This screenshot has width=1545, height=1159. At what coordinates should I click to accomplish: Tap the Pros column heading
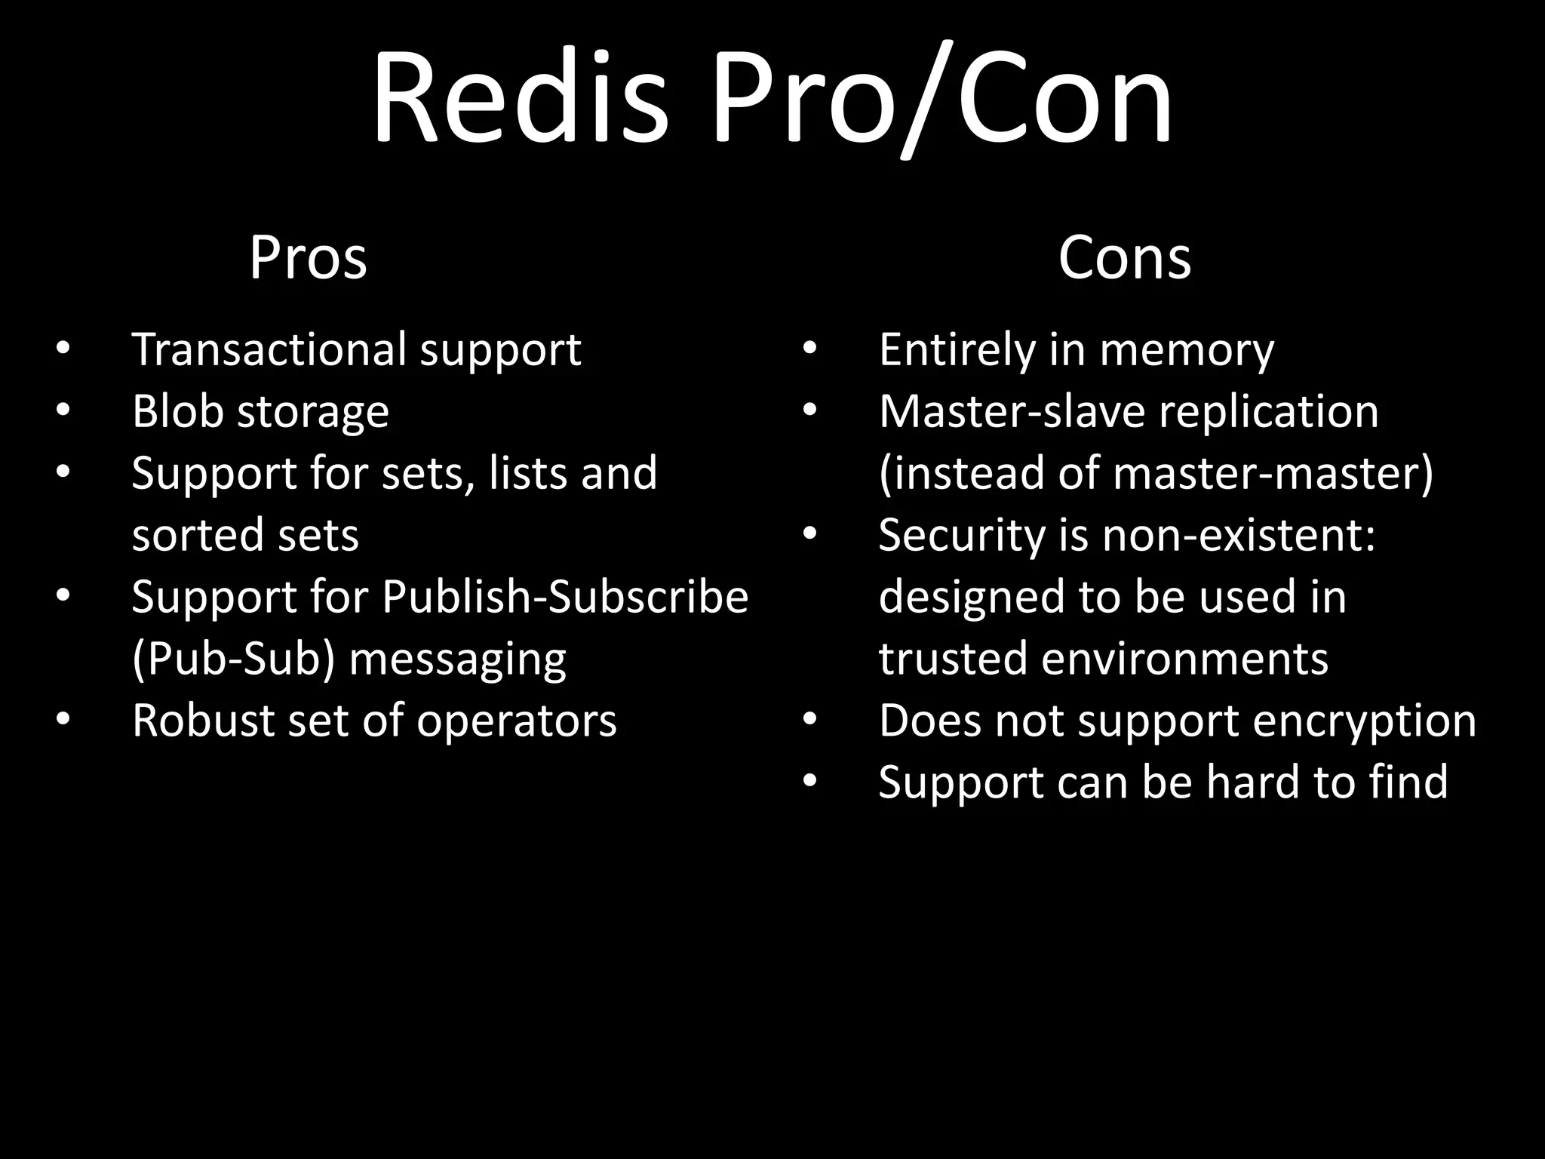pyautogui.click(x=308, y=258)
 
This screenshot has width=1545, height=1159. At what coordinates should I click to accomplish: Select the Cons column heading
pyautogui.click(x=1124, y=258)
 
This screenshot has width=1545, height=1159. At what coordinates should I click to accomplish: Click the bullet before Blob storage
pyautogui.click(x=63, y=411)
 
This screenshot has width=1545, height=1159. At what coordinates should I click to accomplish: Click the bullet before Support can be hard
pyautogui.click(x=809, y=782)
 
